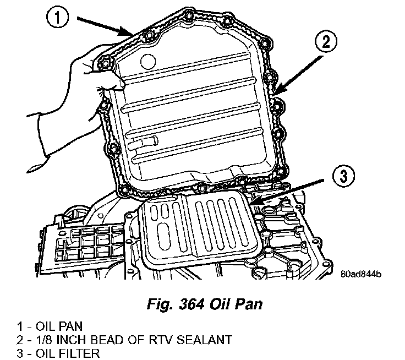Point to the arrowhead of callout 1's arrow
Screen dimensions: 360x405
[x=132, y=34]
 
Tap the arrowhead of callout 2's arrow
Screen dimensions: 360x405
[x=275, y=92]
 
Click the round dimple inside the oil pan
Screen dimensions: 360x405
[x=148, y=61]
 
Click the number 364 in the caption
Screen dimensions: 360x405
[x=190, y=302]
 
